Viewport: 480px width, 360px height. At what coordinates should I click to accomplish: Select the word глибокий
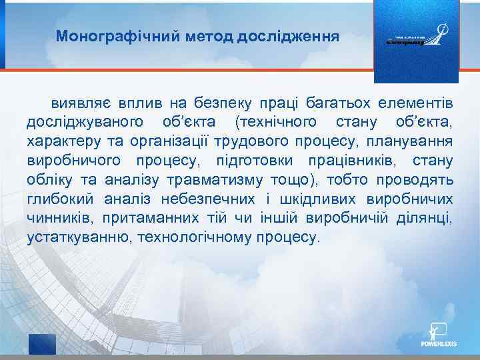[60, 199]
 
